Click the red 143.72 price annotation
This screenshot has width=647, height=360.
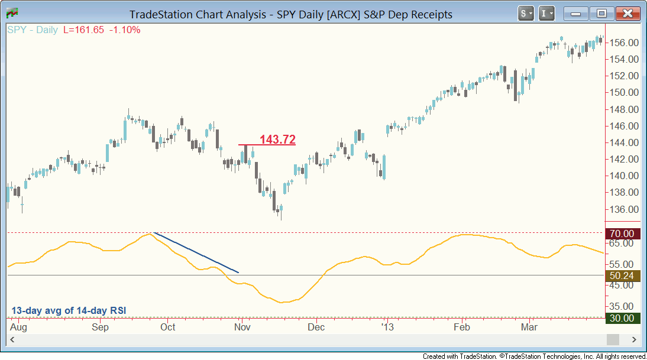click(277, 140)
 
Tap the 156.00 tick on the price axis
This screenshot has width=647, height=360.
click(625, 43)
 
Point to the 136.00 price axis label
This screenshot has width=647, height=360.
click(625, 209)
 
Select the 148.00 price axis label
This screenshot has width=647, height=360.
click(625, 109)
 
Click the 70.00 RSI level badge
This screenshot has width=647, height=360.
click(624, 233)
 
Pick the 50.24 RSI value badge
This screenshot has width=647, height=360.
click(624, 275)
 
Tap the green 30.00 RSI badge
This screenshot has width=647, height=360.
click(624, 318)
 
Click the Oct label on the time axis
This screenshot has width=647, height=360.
click(168, 327)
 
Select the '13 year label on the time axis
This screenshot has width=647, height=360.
click(387, 327)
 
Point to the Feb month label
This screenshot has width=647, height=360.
click(461, 327)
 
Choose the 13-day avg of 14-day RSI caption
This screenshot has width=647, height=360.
click(69, 310)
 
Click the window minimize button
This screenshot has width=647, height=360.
click(577, 13)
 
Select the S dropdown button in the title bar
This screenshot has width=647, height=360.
click(526, 13)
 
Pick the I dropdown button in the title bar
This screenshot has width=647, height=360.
click(547, 13)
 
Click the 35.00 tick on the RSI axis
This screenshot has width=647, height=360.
click(625, 306)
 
